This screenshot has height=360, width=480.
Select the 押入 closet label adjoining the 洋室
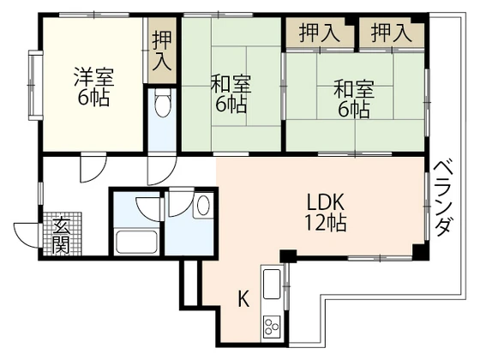tap(161, 51)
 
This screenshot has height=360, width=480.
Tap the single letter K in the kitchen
tap(243, 299)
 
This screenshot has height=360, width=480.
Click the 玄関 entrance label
tap(62, 235)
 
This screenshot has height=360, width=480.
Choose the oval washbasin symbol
tap(202, 206)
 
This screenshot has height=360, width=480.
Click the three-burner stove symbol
tap(273, 326)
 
